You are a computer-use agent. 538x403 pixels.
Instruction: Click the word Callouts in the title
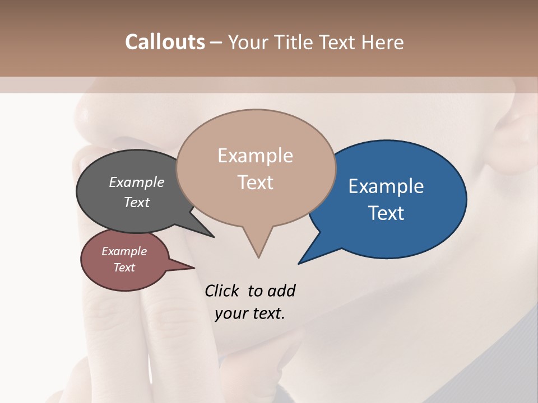tap(165, 42)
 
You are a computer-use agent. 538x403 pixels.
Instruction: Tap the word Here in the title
tap(383, 43)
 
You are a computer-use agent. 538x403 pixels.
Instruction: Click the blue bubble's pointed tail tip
tap(299, 263)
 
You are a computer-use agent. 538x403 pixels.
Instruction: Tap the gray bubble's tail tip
tap(214, 237)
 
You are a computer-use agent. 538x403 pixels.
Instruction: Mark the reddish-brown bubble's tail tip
tap(194, 268)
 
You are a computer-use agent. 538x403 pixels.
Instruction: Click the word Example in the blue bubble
tap(386, 186)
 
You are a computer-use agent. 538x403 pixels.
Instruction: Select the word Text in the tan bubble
tap(256, 182)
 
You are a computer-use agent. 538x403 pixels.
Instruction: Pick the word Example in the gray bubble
tap(137, 182)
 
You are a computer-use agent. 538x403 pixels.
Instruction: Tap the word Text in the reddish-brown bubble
tap(124, 268)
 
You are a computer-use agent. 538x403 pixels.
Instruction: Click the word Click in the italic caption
tap(222, 290)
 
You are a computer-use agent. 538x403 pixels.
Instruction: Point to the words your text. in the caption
tap(250, 313)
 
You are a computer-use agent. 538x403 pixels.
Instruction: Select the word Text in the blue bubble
tap(387, 213)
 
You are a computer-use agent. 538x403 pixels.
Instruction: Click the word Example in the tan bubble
tap(256, 156)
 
